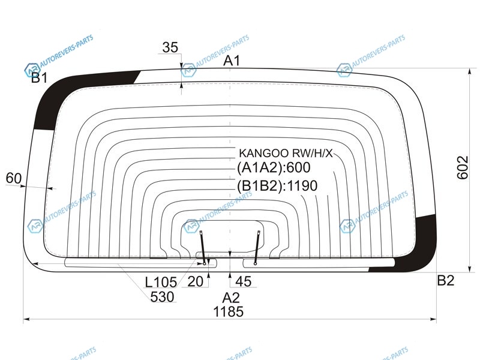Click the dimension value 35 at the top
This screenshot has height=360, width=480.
point(170,47)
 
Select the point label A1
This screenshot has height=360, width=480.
point(232,61)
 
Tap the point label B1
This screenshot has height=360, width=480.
point(40,78)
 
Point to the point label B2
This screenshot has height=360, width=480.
point(445,280)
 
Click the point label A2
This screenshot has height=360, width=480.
point(231,298)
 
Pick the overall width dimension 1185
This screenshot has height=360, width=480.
point(229,311)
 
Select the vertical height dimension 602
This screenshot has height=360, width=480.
point(463,167)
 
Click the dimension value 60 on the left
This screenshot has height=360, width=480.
point(14,178)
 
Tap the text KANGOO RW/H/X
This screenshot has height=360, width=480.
point(286,153)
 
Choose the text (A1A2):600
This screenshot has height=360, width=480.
point(274,167)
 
